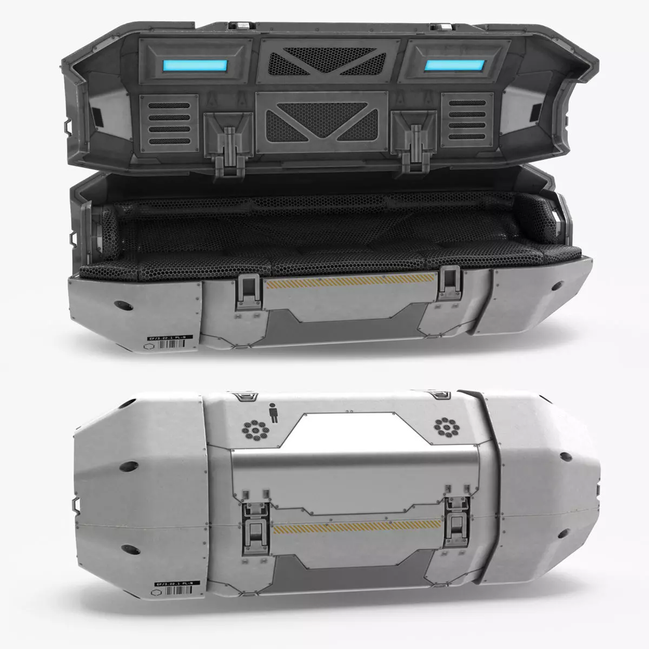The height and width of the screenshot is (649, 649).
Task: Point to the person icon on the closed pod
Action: (x=274, y=414)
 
